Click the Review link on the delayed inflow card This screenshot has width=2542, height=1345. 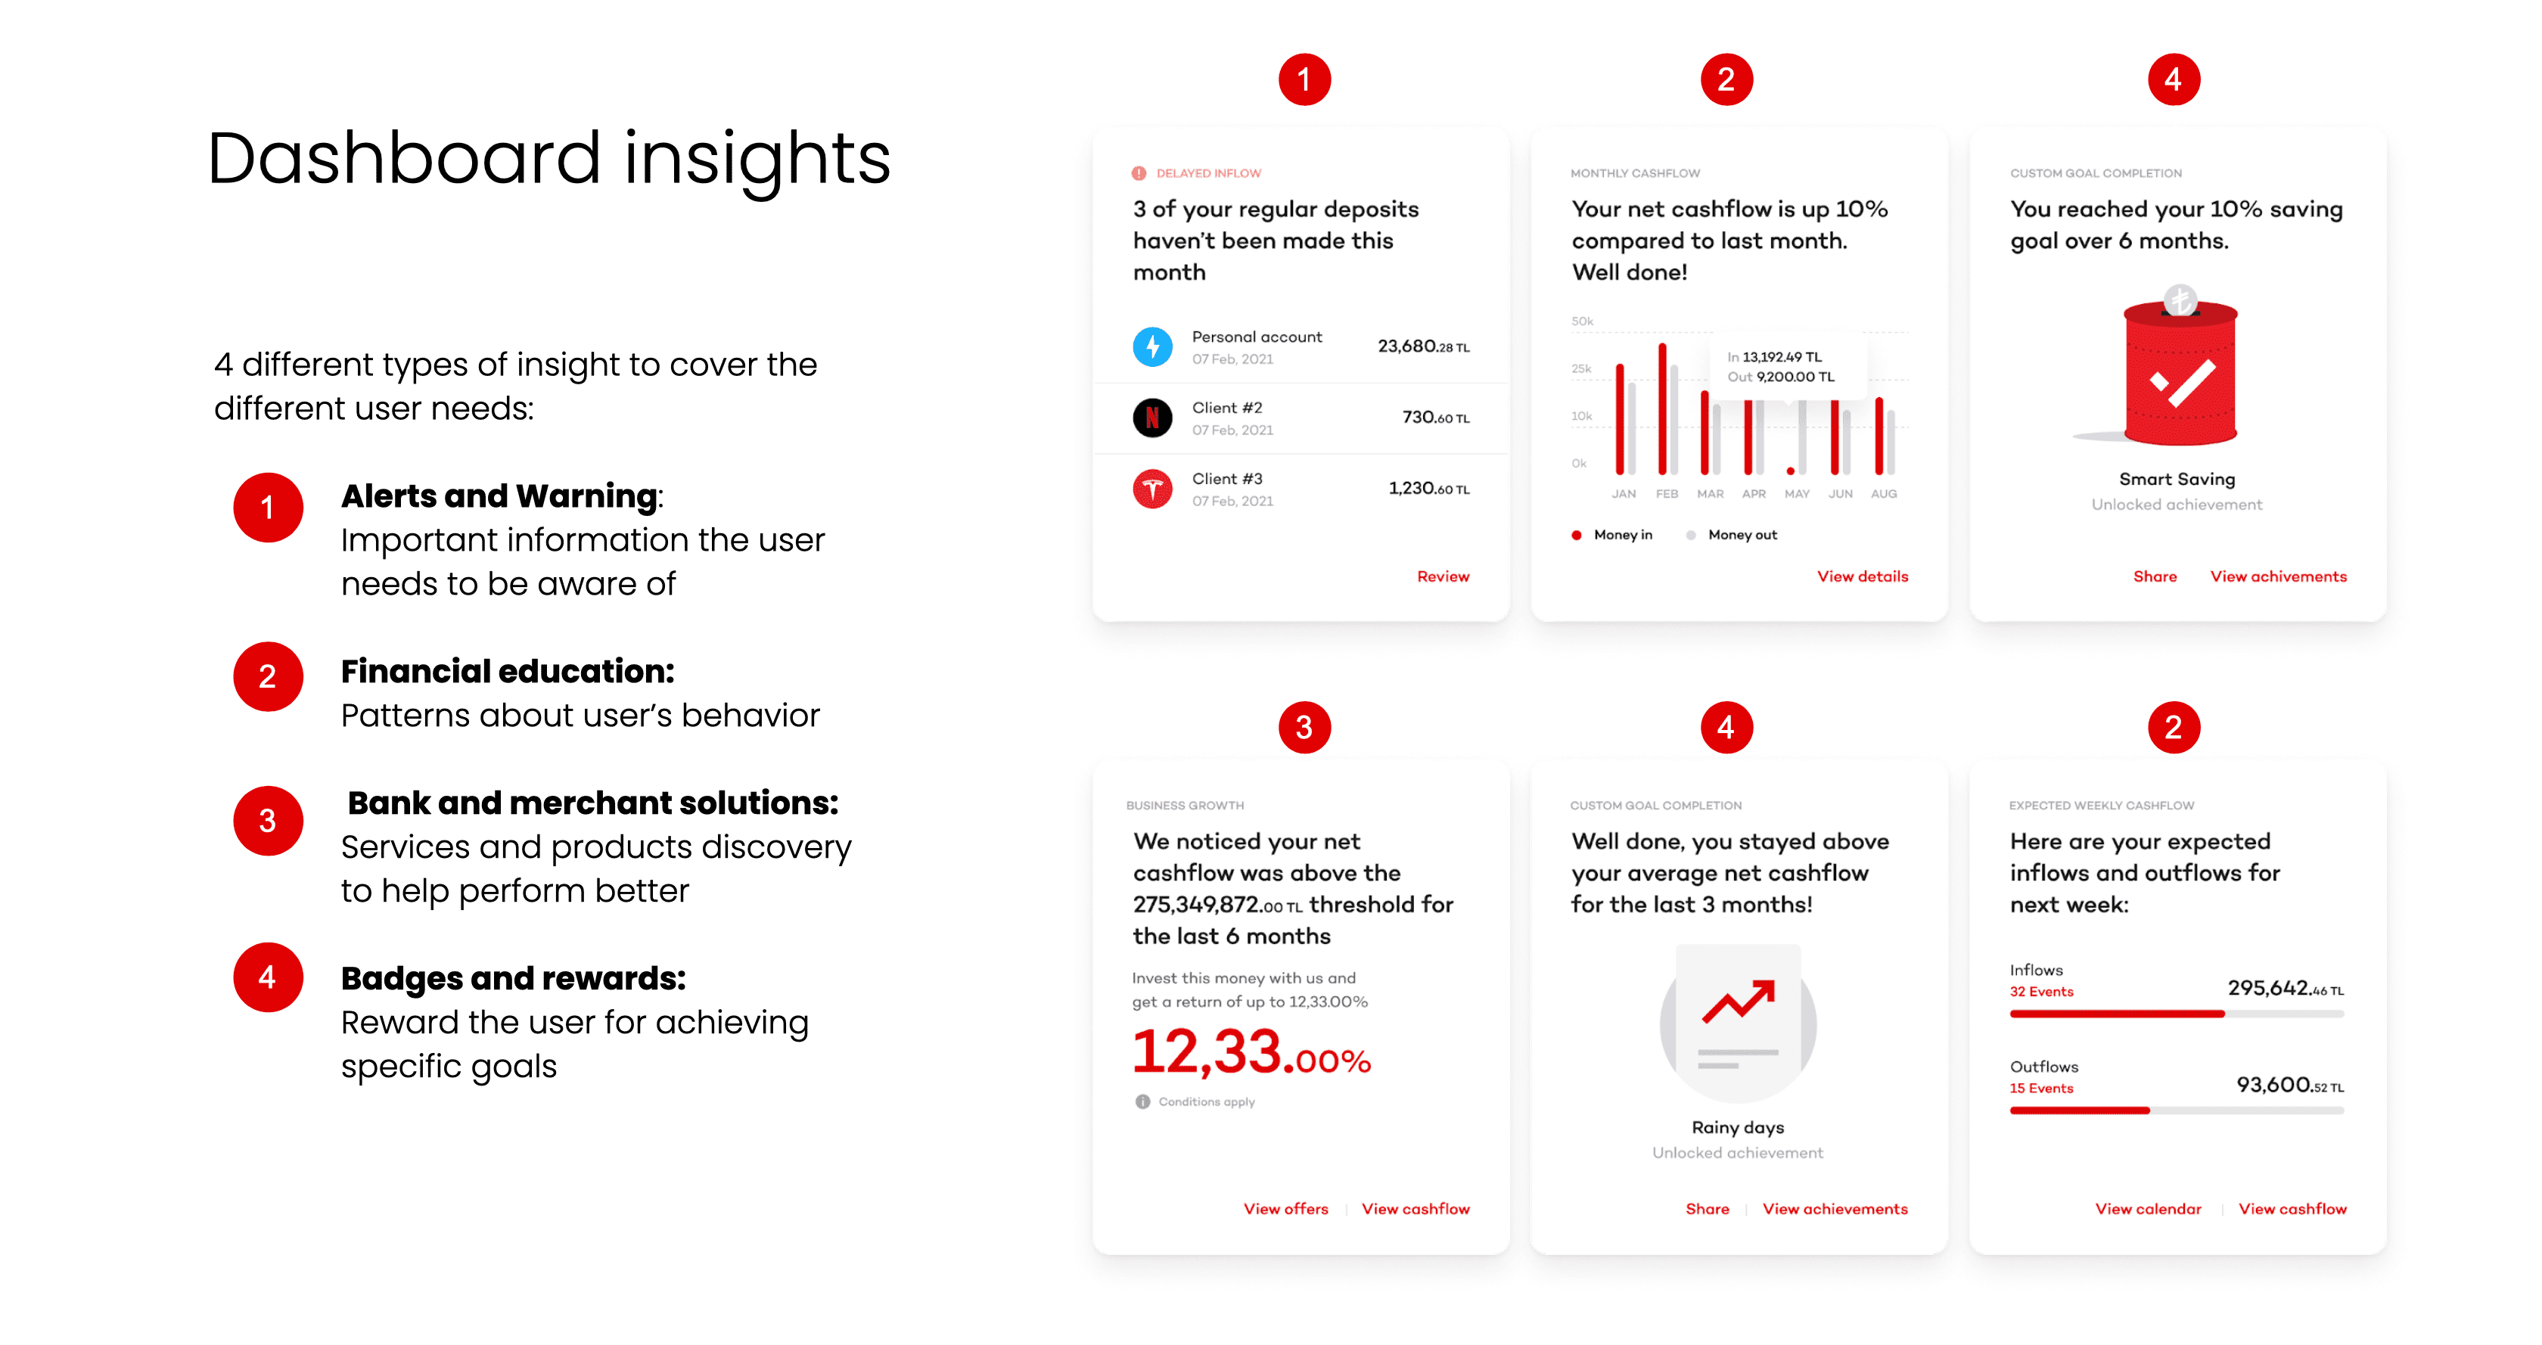(1443, 576)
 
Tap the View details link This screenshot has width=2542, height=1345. (1862, 576)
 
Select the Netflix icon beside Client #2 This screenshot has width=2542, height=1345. (1151, 418)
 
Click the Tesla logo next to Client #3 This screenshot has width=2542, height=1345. (1151, 489)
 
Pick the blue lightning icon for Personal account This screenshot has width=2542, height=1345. (1151, 346)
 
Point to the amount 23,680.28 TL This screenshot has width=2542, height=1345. (1423, 346)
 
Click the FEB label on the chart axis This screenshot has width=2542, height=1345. (1667, 493)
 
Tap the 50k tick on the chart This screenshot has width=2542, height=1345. (1582, 321)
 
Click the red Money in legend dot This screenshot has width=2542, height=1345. (1577, 535)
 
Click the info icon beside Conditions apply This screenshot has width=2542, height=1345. (1142, 1101)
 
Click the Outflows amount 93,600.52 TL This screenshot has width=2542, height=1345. (2289, 1086)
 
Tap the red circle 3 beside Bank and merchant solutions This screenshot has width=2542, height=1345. (267, 821)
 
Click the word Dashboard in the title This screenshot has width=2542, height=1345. (403, 158)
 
